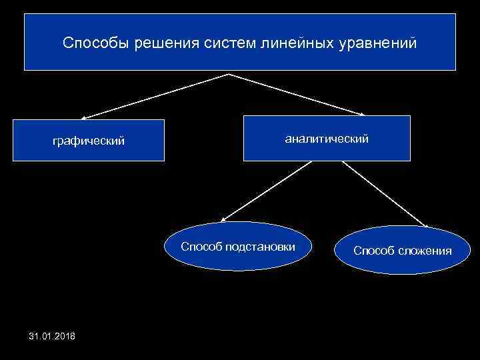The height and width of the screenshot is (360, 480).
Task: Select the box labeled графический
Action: coord(89,141)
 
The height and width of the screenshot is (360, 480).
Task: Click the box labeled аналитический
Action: coord(327,139)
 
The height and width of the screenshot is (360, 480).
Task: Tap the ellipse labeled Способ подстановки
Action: coord(238,246)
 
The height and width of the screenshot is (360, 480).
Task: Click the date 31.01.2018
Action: coord(53,335)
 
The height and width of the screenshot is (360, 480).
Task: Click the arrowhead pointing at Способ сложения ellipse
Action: coord(423,225)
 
